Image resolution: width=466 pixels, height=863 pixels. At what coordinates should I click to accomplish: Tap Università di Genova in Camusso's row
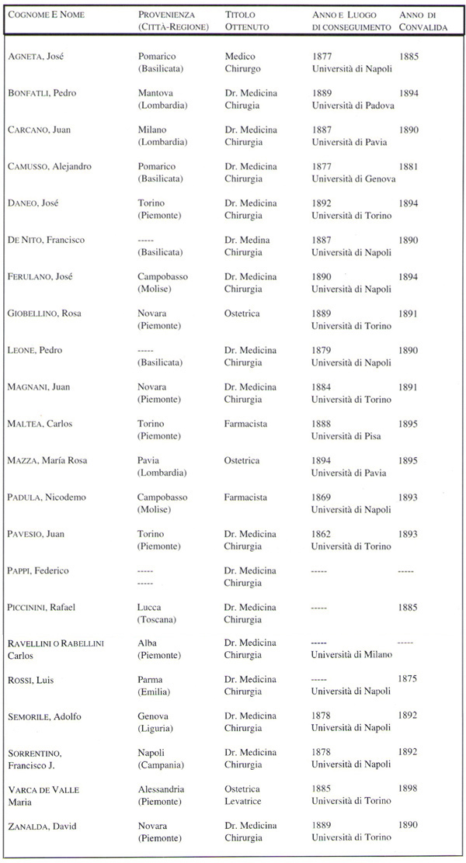[x=353, y=178]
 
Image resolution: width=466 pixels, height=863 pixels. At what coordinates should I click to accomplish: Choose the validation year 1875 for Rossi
[x=409, y=678]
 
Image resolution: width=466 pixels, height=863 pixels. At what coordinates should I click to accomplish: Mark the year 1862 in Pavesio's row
[x=322, y=534]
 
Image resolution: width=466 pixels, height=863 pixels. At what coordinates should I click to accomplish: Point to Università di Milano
[x=351, y=654]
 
